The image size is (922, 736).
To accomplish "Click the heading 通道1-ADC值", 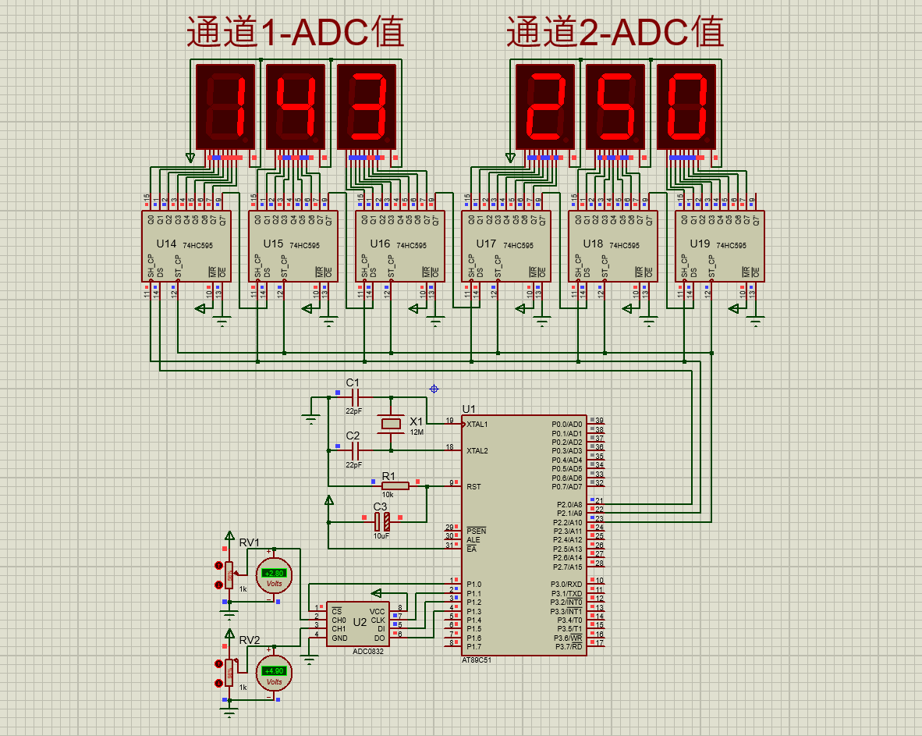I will (295, 33).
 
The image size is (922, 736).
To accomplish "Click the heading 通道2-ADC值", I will (615, 33).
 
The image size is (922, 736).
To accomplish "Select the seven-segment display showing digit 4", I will (296, 106).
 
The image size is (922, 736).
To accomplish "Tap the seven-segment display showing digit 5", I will (615, 106).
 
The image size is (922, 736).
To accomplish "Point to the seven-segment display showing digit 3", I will (367, 106).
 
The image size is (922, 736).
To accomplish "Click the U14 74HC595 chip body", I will (186, 246).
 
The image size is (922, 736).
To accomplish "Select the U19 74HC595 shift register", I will (719, 246).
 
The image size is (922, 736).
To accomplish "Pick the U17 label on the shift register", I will (486, 244).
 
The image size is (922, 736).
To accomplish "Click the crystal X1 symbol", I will (390, 424).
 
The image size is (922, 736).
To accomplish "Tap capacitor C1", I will (355, 397).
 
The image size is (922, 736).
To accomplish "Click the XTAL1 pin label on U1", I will (477, 424).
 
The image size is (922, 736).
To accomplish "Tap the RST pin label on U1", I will (473, 486).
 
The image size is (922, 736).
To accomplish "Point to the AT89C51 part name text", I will (477, 660).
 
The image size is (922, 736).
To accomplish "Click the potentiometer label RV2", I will (250, 640).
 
